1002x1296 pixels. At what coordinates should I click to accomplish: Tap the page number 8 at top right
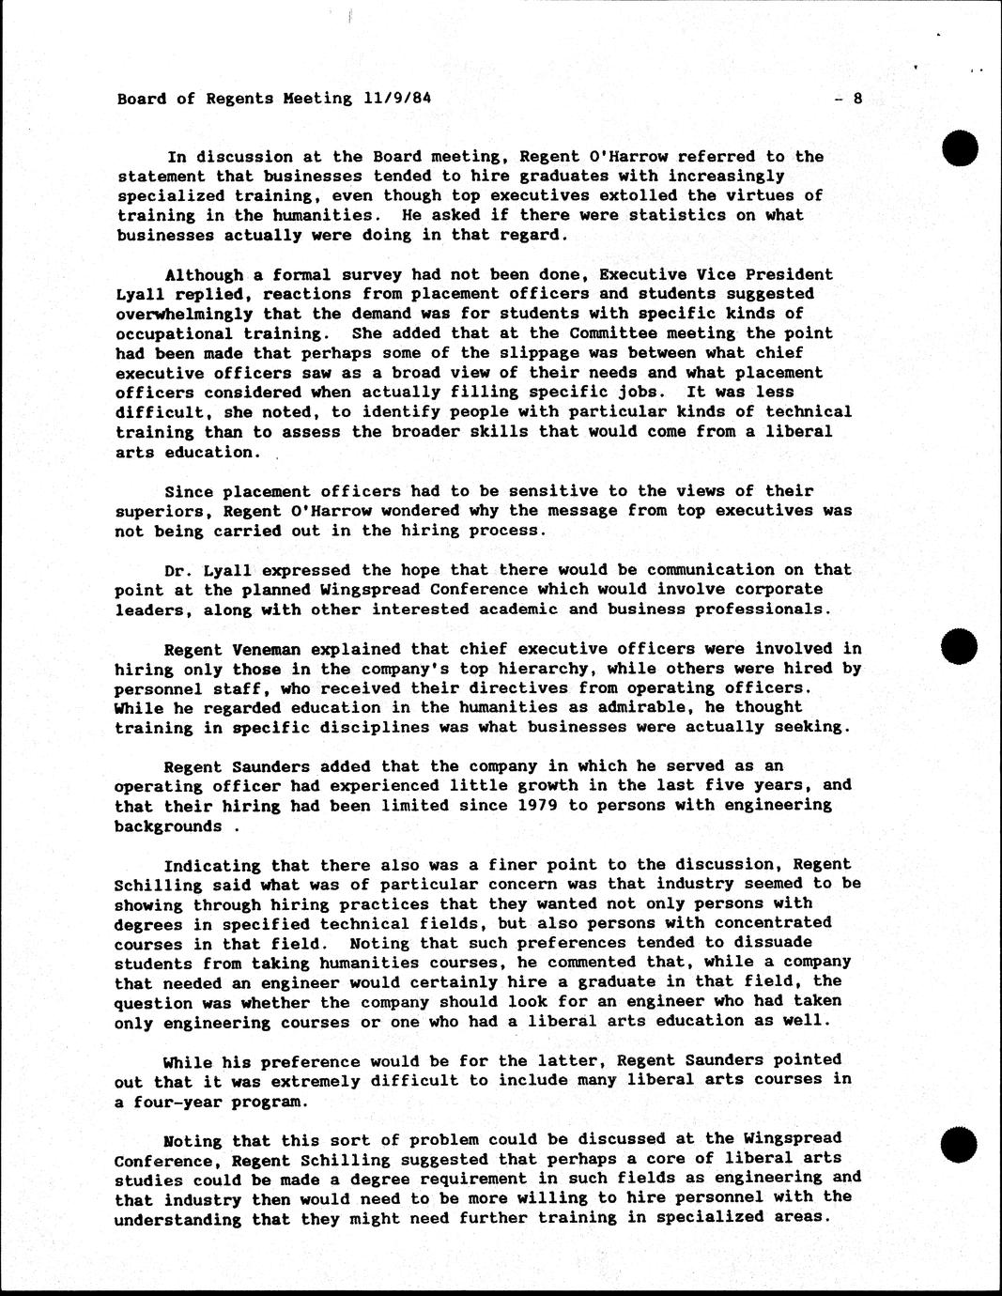(856, 99)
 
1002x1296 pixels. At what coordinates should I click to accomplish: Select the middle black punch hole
(961, 646)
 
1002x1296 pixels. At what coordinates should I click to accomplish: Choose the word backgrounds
(168, 826)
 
